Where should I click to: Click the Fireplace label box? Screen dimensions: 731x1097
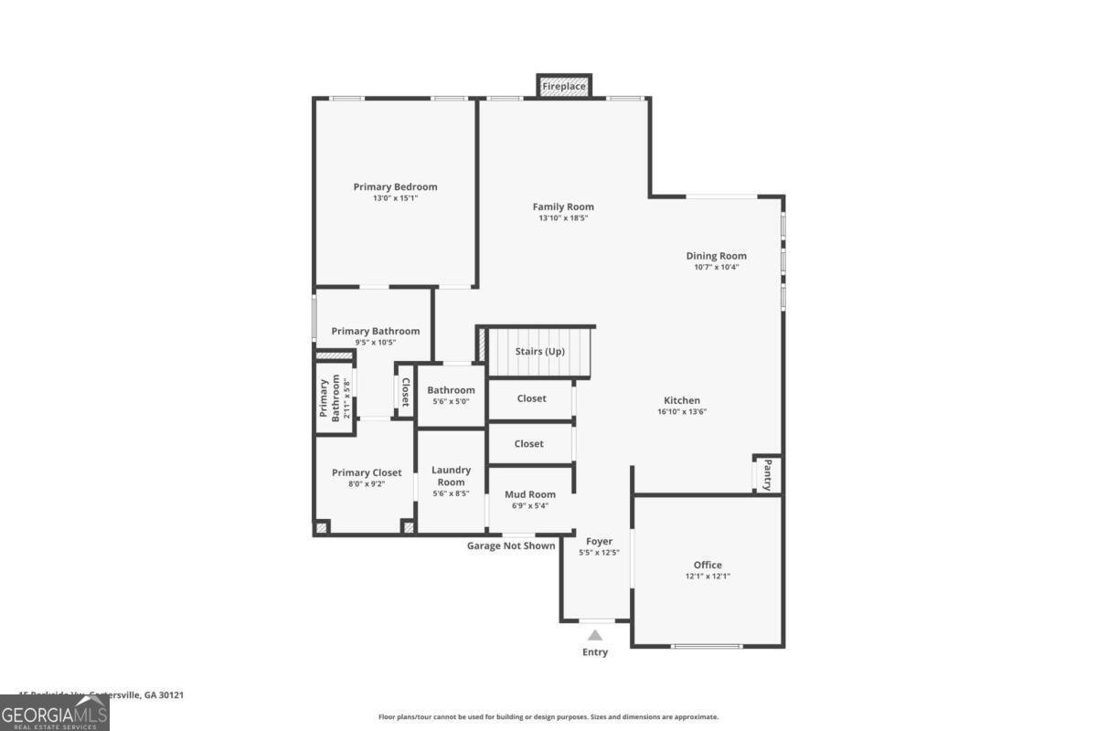(x=563, y=86)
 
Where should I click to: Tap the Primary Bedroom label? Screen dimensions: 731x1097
(x=395, y=187)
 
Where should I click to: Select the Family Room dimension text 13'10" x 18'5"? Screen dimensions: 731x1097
(x=563, y=218)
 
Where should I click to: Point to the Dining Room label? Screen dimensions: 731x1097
(x=716, y=256)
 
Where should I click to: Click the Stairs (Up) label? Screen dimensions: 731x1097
(x=539, y=352)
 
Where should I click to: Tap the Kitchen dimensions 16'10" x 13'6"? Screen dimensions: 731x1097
(x=682, y=411)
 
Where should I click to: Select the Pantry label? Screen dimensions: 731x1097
(x=768, y=474)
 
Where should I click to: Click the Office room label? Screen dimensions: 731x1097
(x=708, y=565)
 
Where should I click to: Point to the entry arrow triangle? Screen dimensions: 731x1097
(x=595, y=635)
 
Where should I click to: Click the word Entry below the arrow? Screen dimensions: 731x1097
(x=595, y=652)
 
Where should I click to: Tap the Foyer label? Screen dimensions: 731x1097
(x=600, y=542)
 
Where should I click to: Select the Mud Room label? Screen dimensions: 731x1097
(x=530, y=494)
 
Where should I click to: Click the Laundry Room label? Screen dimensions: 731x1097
(x=451, y=476)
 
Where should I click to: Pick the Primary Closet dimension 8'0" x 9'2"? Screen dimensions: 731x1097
(x=367, y=483)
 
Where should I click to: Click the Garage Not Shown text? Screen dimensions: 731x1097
(x=511, y=546)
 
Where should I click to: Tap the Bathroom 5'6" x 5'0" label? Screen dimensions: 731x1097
(x=451, y=390)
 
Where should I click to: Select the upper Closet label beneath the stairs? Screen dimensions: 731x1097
(x=531, y=398)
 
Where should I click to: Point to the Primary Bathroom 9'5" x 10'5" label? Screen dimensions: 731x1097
(x=376, y=332)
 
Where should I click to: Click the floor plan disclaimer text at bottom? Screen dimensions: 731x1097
(x=548, y=717)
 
